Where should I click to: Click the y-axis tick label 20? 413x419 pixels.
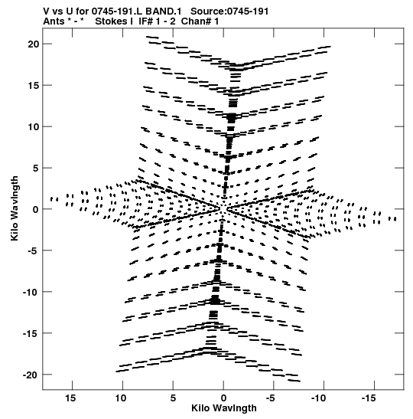tap(34, 44)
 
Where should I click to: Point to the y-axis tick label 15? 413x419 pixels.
tap(34, 86)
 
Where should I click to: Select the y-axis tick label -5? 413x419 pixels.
tap(31, 250)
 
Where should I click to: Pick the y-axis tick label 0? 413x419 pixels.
tap(36, 210)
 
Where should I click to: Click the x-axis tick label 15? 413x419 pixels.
tap(70, 398)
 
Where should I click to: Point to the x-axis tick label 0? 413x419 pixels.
tap(223, 398)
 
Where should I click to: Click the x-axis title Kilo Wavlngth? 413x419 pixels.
tap(224, 408)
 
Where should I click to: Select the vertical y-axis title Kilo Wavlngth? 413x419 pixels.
tap(15, 208)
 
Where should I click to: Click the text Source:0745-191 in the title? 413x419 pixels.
tap(229, 11)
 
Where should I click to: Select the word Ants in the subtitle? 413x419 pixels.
tap(54, 21)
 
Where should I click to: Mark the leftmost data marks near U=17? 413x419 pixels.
tap(54, 199)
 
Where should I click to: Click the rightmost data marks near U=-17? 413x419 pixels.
tap(392, 219)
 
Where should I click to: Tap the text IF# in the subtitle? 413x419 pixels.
tap(145, 21)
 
